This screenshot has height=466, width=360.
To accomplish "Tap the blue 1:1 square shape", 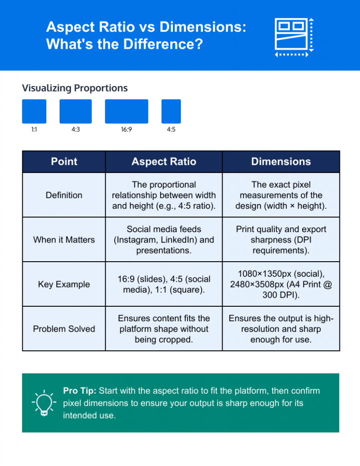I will pos(34,111).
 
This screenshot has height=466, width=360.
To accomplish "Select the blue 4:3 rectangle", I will pos(76,111).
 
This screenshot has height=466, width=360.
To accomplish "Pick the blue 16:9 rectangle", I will pos(127,111).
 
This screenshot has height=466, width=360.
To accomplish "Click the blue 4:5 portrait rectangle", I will pos(171,111).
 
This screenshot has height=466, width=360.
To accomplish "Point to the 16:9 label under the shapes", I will pos(127,130).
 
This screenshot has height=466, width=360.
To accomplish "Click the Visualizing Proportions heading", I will pos(75,88).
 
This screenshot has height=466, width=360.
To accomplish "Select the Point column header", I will pos(64,162).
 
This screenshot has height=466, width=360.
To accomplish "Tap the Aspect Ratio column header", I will pos(164,162).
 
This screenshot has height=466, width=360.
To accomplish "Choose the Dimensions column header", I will pos(281,162).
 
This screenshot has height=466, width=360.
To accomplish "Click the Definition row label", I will pos(64,195).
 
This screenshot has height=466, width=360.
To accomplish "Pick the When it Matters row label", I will pos(64,239).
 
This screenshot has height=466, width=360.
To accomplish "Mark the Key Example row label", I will pos(64,284).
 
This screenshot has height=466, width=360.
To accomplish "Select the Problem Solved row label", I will pos(64,329).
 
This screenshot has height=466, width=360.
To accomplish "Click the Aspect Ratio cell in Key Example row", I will pos(164,284).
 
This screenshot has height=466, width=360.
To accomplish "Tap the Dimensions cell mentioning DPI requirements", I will pos(281,239).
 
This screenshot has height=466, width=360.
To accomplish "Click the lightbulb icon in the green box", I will pos(44,403).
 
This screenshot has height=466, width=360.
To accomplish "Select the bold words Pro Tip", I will pos(80,391).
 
